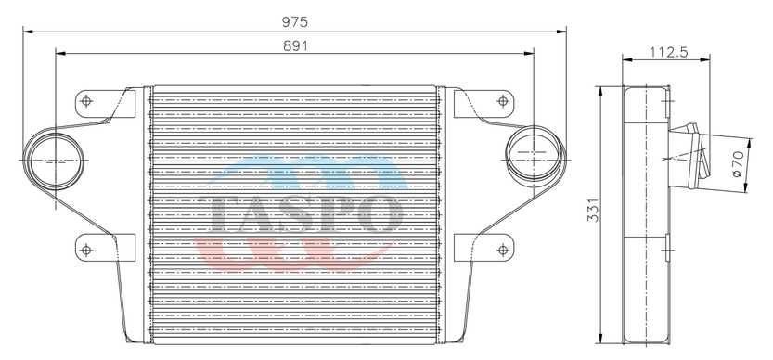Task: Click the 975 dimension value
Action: click(x=295, y=21)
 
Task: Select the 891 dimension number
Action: click(x=295, y=45)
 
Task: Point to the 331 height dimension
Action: click(x=594, y=210)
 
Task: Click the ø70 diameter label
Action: click(x=738, y=164)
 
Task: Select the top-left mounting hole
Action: click(x=86, y=101)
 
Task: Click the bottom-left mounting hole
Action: click(x=86, y=250)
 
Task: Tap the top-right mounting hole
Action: click(x=503, y=101)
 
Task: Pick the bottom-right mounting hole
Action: click(x=503, y=250)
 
